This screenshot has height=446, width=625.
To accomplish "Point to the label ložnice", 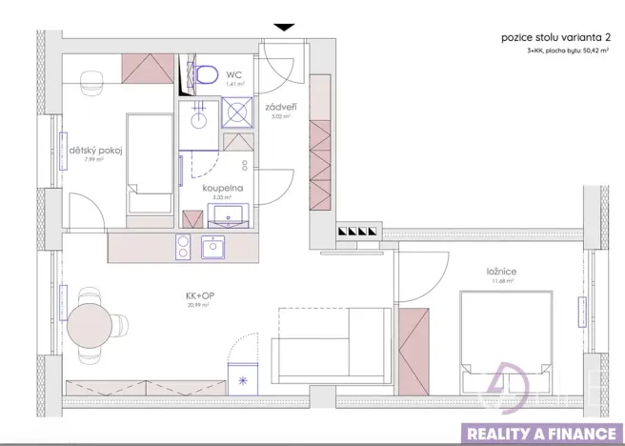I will click(501, 271).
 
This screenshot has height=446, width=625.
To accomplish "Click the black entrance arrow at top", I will click(284, 28).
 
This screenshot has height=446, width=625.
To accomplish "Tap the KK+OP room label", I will click(199, 294).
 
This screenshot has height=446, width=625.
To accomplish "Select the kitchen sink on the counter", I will click(214, 248).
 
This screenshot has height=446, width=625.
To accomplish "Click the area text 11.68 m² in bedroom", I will click(501, 280).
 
